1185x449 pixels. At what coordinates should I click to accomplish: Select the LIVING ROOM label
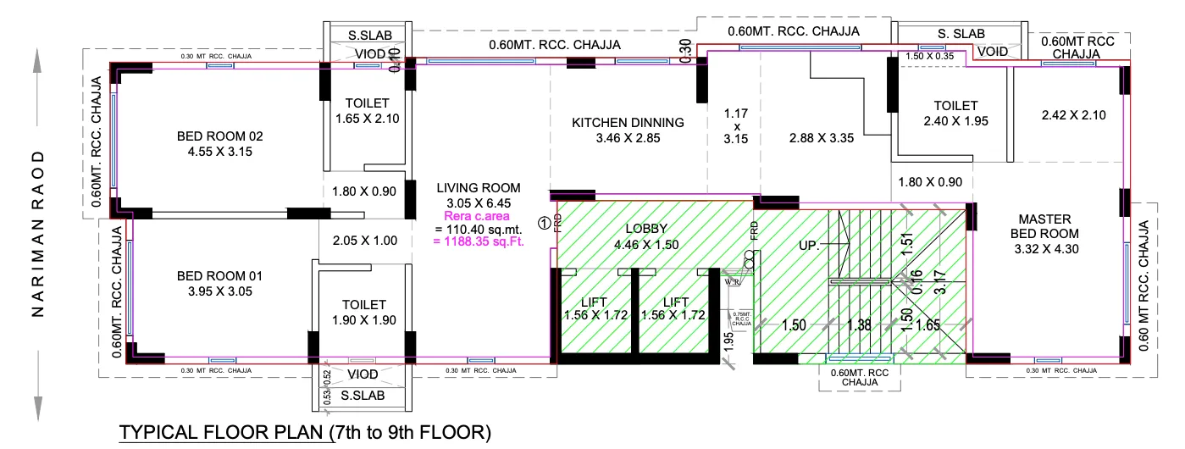pos(479,187)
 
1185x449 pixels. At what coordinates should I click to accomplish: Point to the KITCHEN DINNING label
pos(628,123)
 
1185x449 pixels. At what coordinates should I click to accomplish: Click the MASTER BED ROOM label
pos(1050,225)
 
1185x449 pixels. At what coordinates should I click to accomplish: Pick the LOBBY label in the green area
pos(647,229)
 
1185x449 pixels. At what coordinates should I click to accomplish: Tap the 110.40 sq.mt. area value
pos(479,230)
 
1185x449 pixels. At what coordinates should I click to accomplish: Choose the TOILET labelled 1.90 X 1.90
pos(364,304)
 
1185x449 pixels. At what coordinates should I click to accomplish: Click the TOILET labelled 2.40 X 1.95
pos(955,106)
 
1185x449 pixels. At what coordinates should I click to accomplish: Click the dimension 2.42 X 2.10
pos(1067,114)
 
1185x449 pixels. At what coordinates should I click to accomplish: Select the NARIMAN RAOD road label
pos(37,235)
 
